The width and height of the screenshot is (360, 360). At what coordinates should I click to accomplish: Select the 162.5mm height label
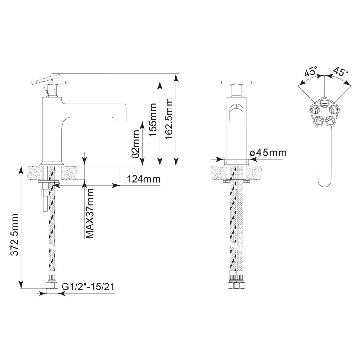click(x=169, y=118)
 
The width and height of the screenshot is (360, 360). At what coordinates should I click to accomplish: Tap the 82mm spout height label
click(x=136, y=144)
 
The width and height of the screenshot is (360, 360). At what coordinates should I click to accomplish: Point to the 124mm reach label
click(x=144, y=179)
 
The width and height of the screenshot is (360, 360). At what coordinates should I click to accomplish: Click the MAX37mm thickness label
click(x=90, y=213)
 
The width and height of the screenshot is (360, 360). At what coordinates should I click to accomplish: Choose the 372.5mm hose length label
click(x=14, y=234)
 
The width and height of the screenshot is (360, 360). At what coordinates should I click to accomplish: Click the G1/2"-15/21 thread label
click(x=88, y=287)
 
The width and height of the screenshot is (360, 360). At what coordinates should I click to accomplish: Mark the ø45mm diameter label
click(x=268, y=153)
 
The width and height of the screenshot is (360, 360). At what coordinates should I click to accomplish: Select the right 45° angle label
click(x=341, y=71)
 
